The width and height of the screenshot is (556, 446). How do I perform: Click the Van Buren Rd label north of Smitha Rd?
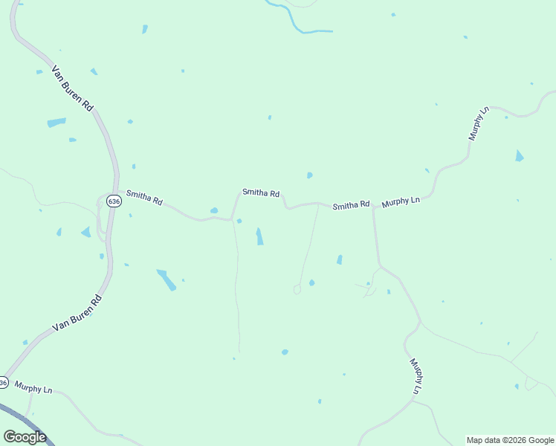pyautogui.click(x=72, y=88)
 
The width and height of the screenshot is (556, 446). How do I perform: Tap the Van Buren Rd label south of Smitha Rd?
pyautogui.click(x=77, y=313)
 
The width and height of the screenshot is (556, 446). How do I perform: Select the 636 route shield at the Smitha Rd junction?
pyautogui.click(x=113, y=201)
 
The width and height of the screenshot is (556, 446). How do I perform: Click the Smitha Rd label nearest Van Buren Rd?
pyautogui.click(x=144, y=198)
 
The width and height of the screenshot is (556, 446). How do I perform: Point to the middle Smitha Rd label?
pyautogui.click(x=260, y=193)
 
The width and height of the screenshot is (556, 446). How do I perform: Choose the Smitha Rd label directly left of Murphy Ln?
pyautogui.click(x=351, y=205)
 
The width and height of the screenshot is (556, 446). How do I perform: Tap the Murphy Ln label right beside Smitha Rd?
pyautogui.click(x=401, y=201)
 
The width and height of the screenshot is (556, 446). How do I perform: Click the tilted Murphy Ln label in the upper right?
pyautogui.click(x=479, y=124)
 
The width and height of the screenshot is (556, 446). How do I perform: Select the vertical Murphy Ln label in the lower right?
pyautogui.click(x=416, y=376)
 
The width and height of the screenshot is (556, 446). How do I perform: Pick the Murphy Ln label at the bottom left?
pyautogui.click(x=33, y=389)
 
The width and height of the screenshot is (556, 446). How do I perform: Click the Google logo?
pyautogui.click(x=25, y=437)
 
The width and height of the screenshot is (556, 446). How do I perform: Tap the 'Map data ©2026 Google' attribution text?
pyautogui.click(x=510, y=440)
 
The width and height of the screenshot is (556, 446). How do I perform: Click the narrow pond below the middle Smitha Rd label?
pyautogui.click(x=259, y=236)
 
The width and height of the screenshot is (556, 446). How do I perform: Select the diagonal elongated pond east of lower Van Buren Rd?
pyautogui.click(x=167, y=279)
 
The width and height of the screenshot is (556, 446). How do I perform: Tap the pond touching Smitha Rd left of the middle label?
pyautogui.click(x=214, y=211)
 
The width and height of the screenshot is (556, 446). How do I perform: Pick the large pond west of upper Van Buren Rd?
pyautogui.click(x=56, y=122)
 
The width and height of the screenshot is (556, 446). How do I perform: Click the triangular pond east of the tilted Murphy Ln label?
pyautogui.click(x=519, y=156)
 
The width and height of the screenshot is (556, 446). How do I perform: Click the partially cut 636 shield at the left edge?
pyautogui.click(x=3, y=383)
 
